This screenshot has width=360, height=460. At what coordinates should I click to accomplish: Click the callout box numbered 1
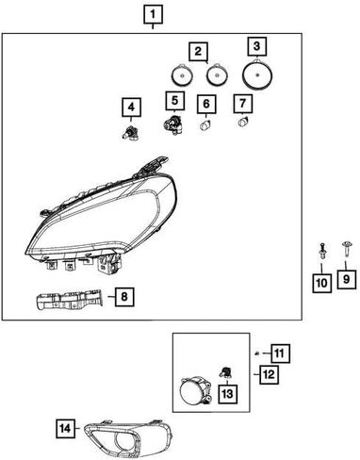click(154, 14)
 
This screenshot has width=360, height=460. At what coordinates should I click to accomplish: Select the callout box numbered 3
click(256, 46)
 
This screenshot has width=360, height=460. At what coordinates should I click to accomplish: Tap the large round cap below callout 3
click(257, 74)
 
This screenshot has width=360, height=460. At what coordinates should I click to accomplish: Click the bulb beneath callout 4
click(130, 132)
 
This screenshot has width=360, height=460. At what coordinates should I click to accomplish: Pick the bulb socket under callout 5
click(172, 124)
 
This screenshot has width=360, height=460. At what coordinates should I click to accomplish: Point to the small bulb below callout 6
click(205, 125)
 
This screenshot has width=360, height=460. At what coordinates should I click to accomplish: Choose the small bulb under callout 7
click(243, 122)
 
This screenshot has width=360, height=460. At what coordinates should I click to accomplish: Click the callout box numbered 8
click(124, 296)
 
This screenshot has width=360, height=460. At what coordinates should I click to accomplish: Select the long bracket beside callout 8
click(70, 301)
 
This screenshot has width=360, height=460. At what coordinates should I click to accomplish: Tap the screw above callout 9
click(345, 254)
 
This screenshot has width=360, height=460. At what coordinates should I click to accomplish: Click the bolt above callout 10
click(322, 255)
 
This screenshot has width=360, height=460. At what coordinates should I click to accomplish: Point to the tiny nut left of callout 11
click(257, 353)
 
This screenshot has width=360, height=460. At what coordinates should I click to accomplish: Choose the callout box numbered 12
click(270, 374)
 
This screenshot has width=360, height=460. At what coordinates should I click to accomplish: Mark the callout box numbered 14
click(66, 428)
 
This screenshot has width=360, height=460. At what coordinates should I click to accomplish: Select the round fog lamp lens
click(190, 390)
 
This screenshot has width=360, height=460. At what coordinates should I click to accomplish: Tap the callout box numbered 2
click(199, 52)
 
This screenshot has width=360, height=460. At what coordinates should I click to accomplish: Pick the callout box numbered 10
click(321, 284)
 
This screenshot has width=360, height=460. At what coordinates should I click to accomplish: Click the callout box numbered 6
click(206, 104)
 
